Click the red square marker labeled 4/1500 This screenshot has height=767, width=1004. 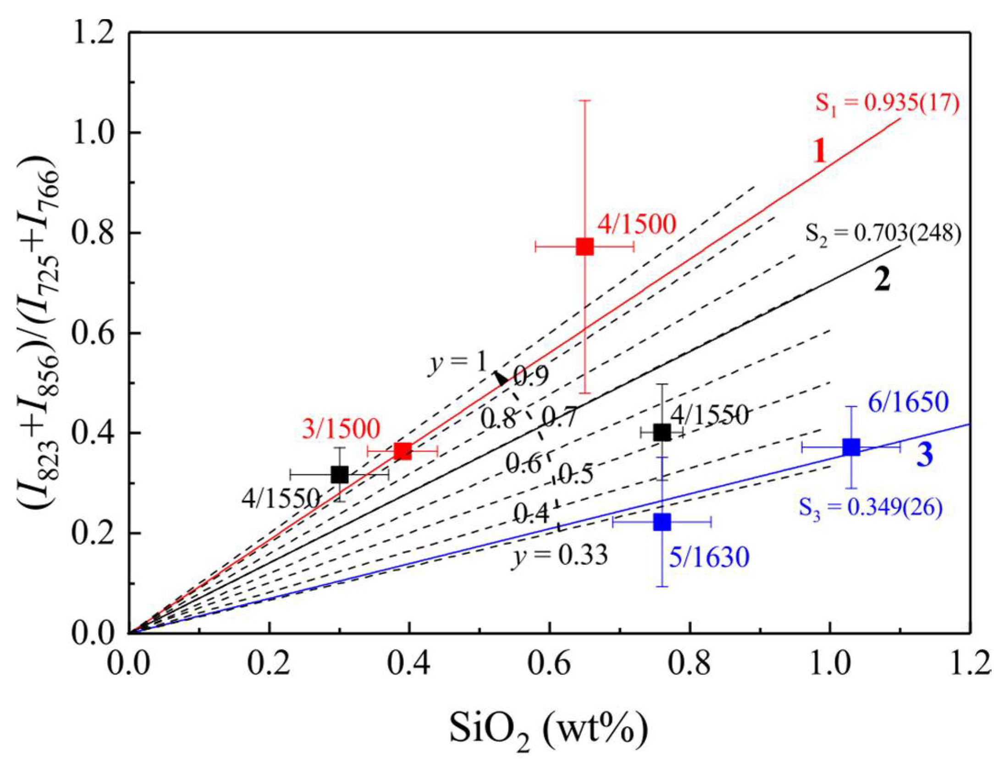[x=585, y=246]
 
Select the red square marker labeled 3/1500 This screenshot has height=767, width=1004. [x=403, y=451]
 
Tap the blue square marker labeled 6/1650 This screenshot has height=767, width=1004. [x=851, y=447]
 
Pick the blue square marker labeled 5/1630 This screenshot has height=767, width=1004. [x=662, y=521]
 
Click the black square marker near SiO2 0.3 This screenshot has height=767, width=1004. [x=339, y=474]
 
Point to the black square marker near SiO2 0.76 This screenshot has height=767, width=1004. [x=662, y=432]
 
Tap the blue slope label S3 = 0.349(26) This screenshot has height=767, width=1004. [x=871, y=508]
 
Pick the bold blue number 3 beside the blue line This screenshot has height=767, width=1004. [x=925, y=455]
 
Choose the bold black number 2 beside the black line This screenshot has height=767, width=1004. [x=882, y=280]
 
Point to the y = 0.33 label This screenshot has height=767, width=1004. [x=560, y=555]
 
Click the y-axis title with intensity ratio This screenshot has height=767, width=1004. [x=39, y=332]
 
